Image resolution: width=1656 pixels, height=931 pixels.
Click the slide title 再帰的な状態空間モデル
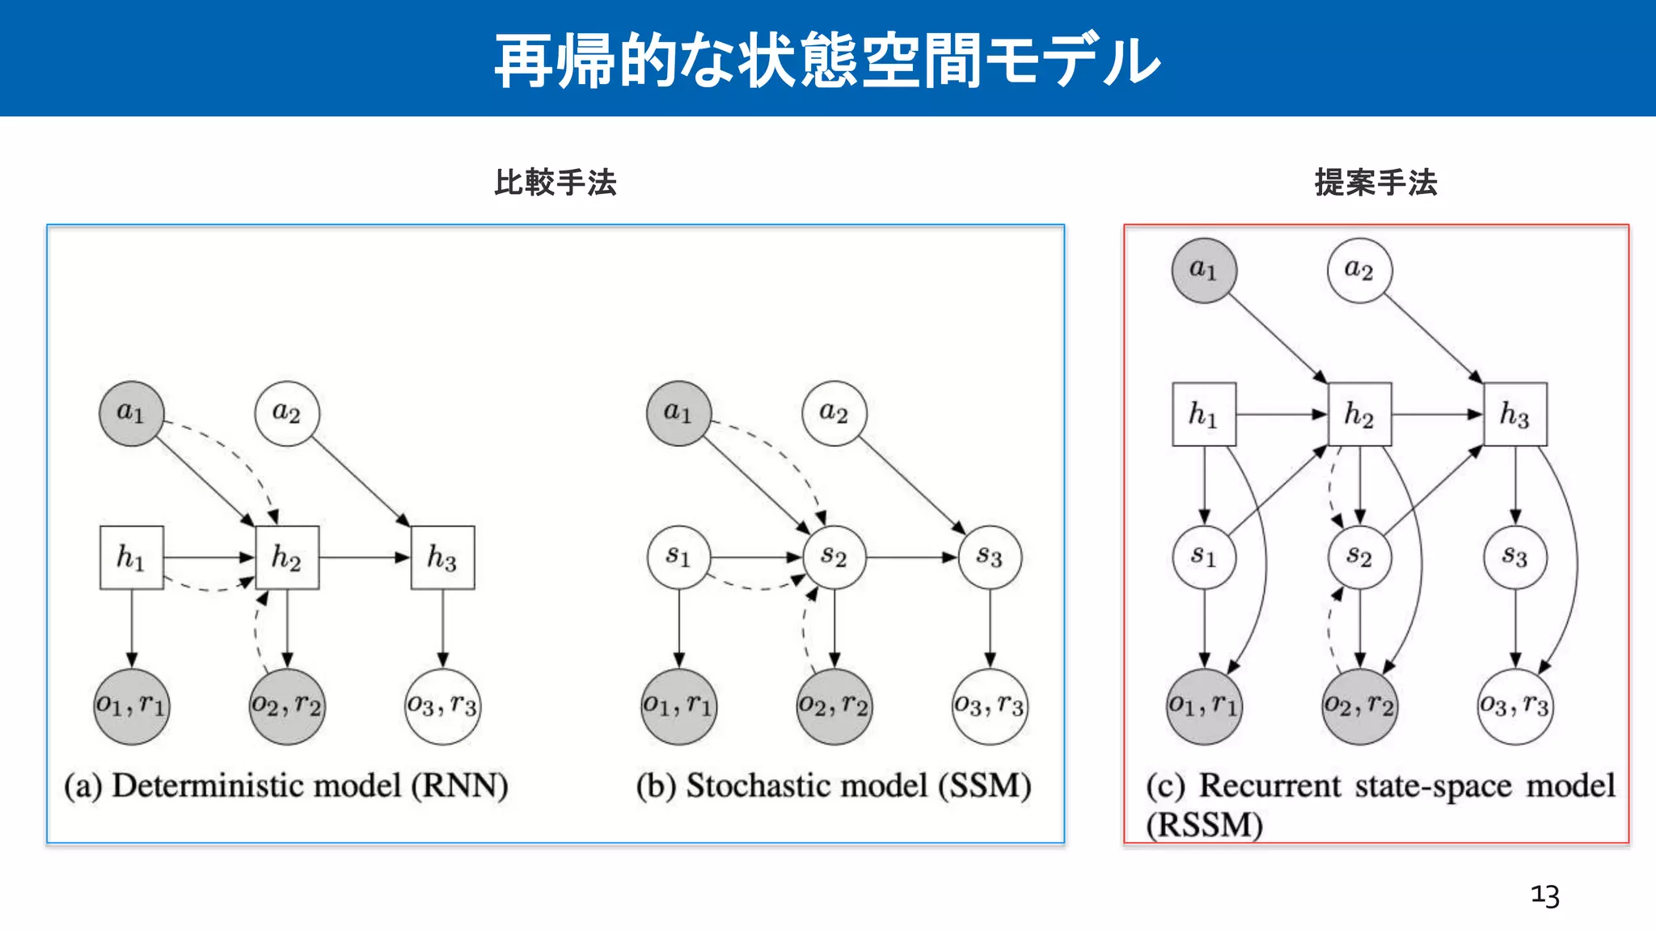(827, 61)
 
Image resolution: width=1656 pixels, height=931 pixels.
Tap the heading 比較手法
(556, 183)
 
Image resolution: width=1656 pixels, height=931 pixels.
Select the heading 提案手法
(1375, 183)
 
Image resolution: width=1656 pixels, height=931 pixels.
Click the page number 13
(1544, 895)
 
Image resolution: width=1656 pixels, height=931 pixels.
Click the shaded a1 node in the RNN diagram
(131, 414)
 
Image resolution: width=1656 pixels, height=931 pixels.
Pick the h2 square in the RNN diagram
(287, 558)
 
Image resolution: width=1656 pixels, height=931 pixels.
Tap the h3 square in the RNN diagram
(442, 558)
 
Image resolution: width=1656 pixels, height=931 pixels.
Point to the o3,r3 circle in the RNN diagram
(442, 706)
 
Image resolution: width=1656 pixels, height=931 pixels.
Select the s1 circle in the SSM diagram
(678, 558)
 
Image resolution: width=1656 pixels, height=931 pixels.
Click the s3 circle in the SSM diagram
(990, 558)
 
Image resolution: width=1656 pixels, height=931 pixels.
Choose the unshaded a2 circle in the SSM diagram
(834, 414)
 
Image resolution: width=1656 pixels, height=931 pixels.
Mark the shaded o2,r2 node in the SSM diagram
(834, 706)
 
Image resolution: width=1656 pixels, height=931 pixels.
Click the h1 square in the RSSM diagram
(1204, 415)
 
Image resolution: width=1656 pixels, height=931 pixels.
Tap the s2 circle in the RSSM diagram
(1359, 558)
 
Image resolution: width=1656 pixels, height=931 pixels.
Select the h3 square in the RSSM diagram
(1515, 415)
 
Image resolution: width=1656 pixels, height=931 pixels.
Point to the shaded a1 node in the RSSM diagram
(1204, 271)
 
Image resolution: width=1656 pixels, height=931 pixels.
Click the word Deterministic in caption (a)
(256, 786)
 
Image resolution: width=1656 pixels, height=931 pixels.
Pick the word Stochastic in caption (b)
(806, 786)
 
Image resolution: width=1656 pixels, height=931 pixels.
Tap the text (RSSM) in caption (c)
(1204, 825)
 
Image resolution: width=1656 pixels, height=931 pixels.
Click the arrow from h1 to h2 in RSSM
(1282, 415)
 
